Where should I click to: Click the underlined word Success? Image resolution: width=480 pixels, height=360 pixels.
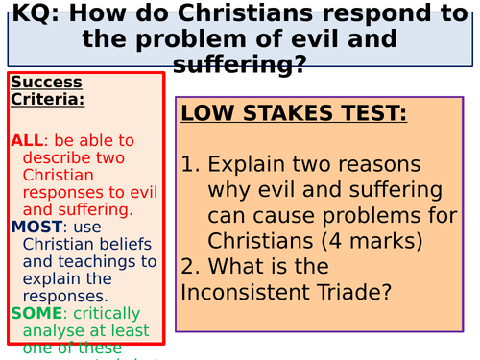46,82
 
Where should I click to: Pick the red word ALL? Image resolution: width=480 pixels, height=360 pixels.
27,140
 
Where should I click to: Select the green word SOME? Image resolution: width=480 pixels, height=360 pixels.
36,313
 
